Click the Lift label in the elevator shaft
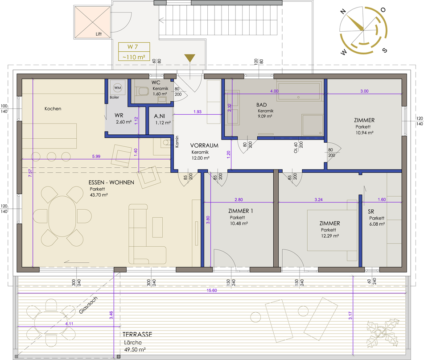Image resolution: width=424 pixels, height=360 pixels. (99, 34)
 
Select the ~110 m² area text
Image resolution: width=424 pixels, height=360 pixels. (134, 57)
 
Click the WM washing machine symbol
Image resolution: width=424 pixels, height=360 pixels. (117, 87)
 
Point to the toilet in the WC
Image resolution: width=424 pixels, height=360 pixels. (142, 91)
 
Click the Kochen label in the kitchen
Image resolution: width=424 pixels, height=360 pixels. (53, 109)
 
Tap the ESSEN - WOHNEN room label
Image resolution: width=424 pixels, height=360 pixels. (111, 182)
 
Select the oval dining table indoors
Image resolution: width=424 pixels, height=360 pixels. (62, 216)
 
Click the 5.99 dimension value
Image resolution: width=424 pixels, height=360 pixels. (96, 156)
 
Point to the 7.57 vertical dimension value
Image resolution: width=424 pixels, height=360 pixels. (30, 173)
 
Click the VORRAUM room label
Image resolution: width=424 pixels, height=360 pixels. (204, 145)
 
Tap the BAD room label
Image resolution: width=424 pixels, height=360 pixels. (261, 105)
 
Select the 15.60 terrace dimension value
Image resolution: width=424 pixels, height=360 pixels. (212, 290)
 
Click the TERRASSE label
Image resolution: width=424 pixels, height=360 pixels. (137, 335)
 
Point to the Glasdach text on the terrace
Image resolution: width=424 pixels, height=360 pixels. (88, 305)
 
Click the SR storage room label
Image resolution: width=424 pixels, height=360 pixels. (371, 211)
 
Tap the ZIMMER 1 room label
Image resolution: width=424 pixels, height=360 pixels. (241, 211)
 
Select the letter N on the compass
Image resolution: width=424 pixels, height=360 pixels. (343, 11)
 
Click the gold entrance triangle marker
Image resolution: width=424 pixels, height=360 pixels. (190, 58)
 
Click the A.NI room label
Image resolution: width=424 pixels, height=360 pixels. (159, 116)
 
